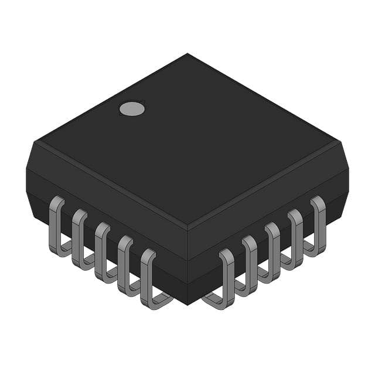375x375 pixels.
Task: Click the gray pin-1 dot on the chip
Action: click(132, 108)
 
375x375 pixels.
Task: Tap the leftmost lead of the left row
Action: click(57, 226)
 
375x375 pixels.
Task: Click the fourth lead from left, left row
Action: click(125, 265)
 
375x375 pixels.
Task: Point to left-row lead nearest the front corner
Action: click(148, 278)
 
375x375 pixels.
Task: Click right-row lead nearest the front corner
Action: click(227, 278)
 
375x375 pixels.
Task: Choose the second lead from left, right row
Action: click(250, 265)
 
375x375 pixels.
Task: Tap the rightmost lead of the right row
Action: click(318, 226)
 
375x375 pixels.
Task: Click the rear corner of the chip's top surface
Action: click(187, 54)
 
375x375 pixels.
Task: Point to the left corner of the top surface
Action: click(36, 141)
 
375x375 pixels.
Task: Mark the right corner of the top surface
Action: click(339, 141)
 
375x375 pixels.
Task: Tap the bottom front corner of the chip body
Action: click(187, 304)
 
